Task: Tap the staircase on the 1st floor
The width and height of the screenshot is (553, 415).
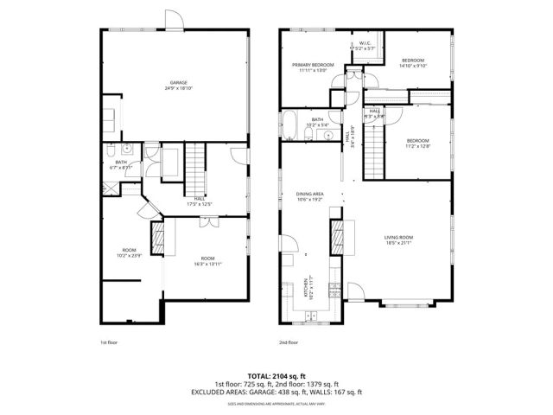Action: (199, 169)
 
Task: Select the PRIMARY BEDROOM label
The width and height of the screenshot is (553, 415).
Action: (312, 66)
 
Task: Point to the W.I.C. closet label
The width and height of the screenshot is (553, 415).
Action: (365, 44)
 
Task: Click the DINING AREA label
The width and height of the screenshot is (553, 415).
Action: (309, 195)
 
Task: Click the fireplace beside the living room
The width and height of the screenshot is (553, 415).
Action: (337, 235)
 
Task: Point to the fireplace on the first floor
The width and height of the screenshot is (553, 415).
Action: (158, 237)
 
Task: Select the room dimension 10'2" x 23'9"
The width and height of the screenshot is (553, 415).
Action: (129, 253)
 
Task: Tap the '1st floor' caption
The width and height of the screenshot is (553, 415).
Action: (109, 343)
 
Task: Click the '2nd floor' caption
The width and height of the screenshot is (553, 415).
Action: (289, 343)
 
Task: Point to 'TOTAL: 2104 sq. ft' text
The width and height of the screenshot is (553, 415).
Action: (276, 376)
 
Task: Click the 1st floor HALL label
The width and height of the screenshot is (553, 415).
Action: (200, 202)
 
